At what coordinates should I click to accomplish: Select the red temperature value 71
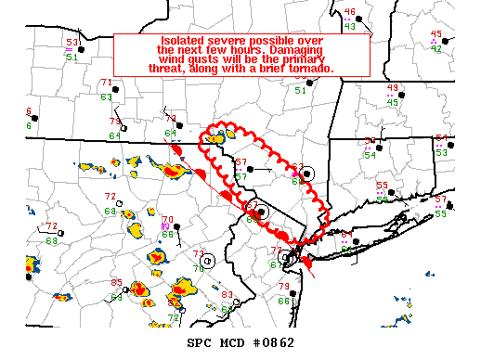coord(106,84)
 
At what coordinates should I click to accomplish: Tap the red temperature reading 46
coord(349,12)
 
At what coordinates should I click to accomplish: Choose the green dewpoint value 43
coord(349,26)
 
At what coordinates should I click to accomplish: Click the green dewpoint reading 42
coord(436,48)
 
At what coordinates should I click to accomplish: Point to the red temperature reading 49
coord(392,88)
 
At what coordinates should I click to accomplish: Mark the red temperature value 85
coord(116,283)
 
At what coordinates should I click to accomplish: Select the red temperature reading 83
coord(227,295)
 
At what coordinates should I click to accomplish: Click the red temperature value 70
coord(167,220)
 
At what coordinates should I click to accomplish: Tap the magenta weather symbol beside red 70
coord(163,226)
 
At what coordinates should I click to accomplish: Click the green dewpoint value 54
coord(370,155)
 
